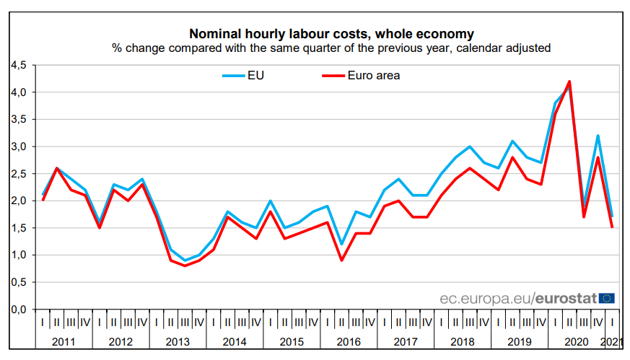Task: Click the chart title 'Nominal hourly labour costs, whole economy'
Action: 331,34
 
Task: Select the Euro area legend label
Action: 373,75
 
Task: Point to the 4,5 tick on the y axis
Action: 18,65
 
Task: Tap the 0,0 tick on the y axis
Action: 18,309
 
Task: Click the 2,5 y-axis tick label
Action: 18,173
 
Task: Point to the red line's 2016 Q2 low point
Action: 341,260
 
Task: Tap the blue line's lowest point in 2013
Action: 185,260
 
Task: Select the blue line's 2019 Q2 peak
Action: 512,141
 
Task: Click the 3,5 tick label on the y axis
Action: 18,119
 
